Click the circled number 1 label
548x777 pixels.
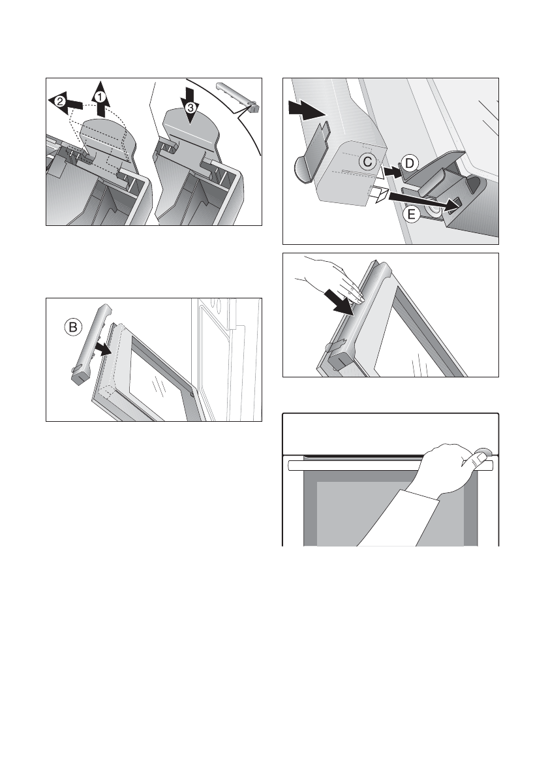pos(100,97)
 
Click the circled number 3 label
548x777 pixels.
pos(190,106)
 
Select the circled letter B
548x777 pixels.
pos(72,327)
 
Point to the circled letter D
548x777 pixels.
pos(410,163)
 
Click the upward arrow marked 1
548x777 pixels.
pos(100,99)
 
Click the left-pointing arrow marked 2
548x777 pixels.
pos(65,103)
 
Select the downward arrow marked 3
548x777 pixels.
pos(190,106)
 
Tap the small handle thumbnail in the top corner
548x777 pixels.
pos(238,97)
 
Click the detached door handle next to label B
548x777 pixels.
pos(91,344)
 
